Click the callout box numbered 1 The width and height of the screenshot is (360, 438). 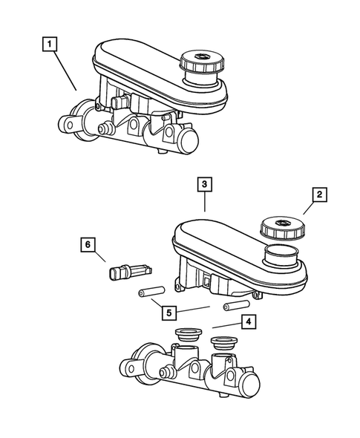pyautogui.click(x=50, y=46)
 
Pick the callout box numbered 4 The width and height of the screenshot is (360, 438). pyautogui.click(x=249, y=322)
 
